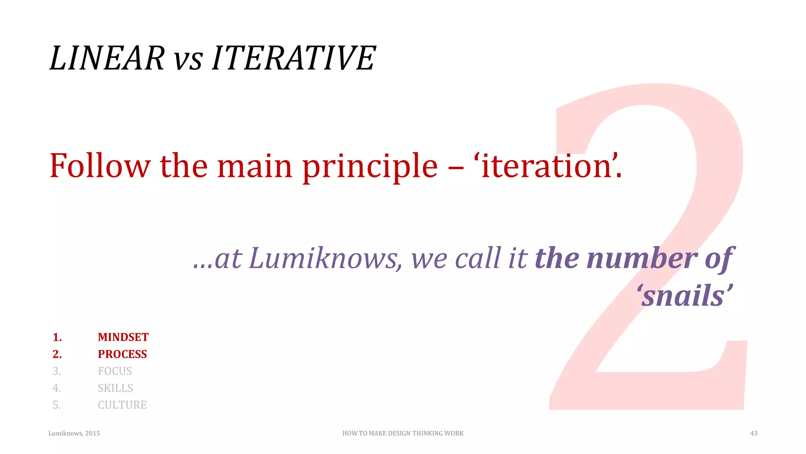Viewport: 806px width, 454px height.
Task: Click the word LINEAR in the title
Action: click(107, 58)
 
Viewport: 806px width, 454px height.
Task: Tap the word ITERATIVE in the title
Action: click(294, 58)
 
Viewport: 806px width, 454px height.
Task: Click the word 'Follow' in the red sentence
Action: click(100, 166)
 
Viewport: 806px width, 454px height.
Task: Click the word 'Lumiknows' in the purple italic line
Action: click(323, 259)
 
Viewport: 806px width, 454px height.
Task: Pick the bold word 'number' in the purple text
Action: click(642, 259)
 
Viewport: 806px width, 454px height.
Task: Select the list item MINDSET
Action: click(123, 337)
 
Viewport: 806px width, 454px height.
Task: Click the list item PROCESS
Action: click(122, 354)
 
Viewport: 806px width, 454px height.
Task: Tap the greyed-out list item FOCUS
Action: click(115, 371)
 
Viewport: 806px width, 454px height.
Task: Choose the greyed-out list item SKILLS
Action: click(115, 388)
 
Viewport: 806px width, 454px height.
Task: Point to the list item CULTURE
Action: click(122, 405)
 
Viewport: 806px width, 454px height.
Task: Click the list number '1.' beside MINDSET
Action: click(57, 337)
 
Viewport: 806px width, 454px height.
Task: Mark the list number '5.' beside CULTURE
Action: click(57, 405)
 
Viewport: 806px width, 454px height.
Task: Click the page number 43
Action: click(754, 434)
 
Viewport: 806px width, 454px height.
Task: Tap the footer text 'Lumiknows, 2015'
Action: click(74, 434)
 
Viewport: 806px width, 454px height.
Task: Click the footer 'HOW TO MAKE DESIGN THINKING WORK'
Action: click(403, 434)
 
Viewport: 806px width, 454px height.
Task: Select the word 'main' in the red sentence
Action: click(255, 166)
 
